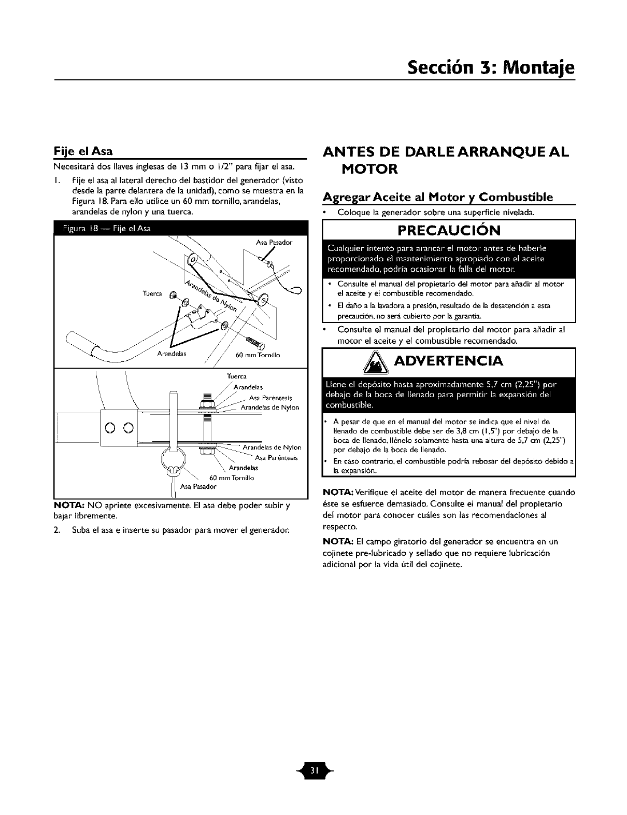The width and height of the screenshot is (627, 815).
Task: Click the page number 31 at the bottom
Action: click(313, 768)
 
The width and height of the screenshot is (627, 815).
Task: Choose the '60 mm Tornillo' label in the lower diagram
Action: click(231, 478)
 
